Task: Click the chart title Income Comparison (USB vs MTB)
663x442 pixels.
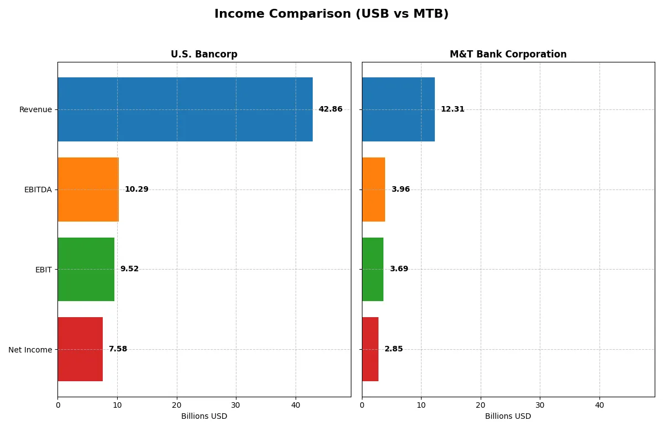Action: point(331,14)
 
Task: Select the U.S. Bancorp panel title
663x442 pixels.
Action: point(204,55)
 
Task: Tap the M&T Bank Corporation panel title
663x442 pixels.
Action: point(508,55)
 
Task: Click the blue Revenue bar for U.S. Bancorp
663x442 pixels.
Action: point(185,109)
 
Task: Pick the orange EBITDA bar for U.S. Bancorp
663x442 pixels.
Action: point(88,190)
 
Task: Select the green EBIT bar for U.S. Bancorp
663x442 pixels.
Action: point(86,269)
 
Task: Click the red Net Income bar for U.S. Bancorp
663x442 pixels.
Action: point(80,349)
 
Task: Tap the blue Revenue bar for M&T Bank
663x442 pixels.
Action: point(398,109)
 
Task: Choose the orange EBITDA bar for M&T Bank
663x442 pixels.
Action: point(373,190)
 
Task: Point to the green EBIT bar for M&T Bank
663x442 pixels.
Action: point(373,269)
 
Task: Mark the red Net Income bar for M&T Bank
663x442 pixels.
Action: point(370,349)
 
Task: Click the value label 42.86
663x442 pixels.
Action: point(330,109)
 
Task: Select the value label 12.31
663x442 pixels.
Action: point(452,109)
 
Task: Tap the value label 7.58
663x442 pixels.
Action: point(118,349)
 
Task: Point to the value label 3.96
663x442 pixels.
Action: point(401,190)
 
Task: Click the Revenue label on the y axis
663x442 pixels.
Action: point(35,110)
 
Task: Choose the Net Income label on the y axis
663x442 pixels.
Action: point(30,350)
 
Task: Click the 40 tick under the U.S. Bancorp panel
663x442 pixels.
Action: point(296,405)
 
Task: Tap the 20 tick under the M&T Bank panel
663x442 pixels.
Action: point(481,405)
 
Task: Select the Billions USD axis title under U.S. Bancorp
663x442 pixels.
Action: point(204,417)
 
